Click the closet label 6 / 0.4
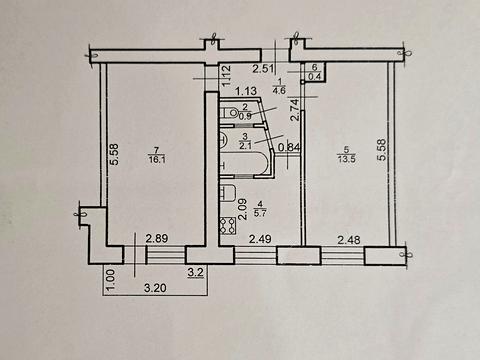[316, 72]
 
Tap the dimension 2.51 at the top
[263, 69]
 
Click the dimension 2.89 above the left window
[157, 238]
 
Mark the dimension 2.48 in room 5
[350, 238]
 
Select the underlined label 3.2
[195, 269]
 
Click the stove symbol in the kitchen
[227, 195]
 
